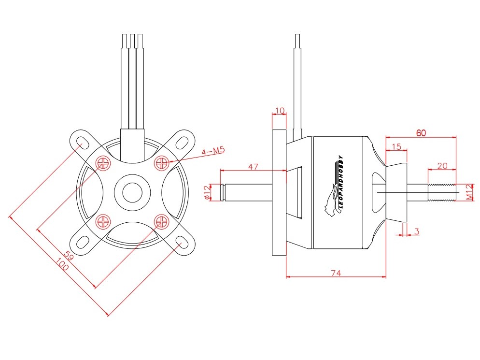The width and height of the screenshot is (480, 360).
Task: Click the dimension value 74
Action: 336,273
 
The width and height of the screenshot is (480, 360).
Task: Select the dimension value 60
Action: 421,133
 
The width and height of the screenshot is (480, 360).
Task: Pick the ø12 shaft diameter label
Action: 207,192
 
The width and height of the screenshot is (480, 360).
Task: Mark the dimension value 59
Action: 69,256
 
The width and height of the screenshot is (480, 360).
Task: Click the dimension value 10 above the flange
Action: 279,111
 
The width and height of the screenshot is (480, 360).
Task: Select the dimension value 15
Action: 396,146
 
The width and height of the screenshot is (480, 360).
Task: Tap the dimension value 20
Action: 441,165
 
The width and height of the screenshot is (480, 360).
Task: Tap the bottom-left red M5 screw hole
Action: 103,221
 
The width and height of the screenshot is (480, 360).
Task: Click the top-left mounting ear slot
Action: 82,142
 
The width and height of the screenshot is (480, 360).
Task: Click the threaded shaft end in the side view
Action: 441,192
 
